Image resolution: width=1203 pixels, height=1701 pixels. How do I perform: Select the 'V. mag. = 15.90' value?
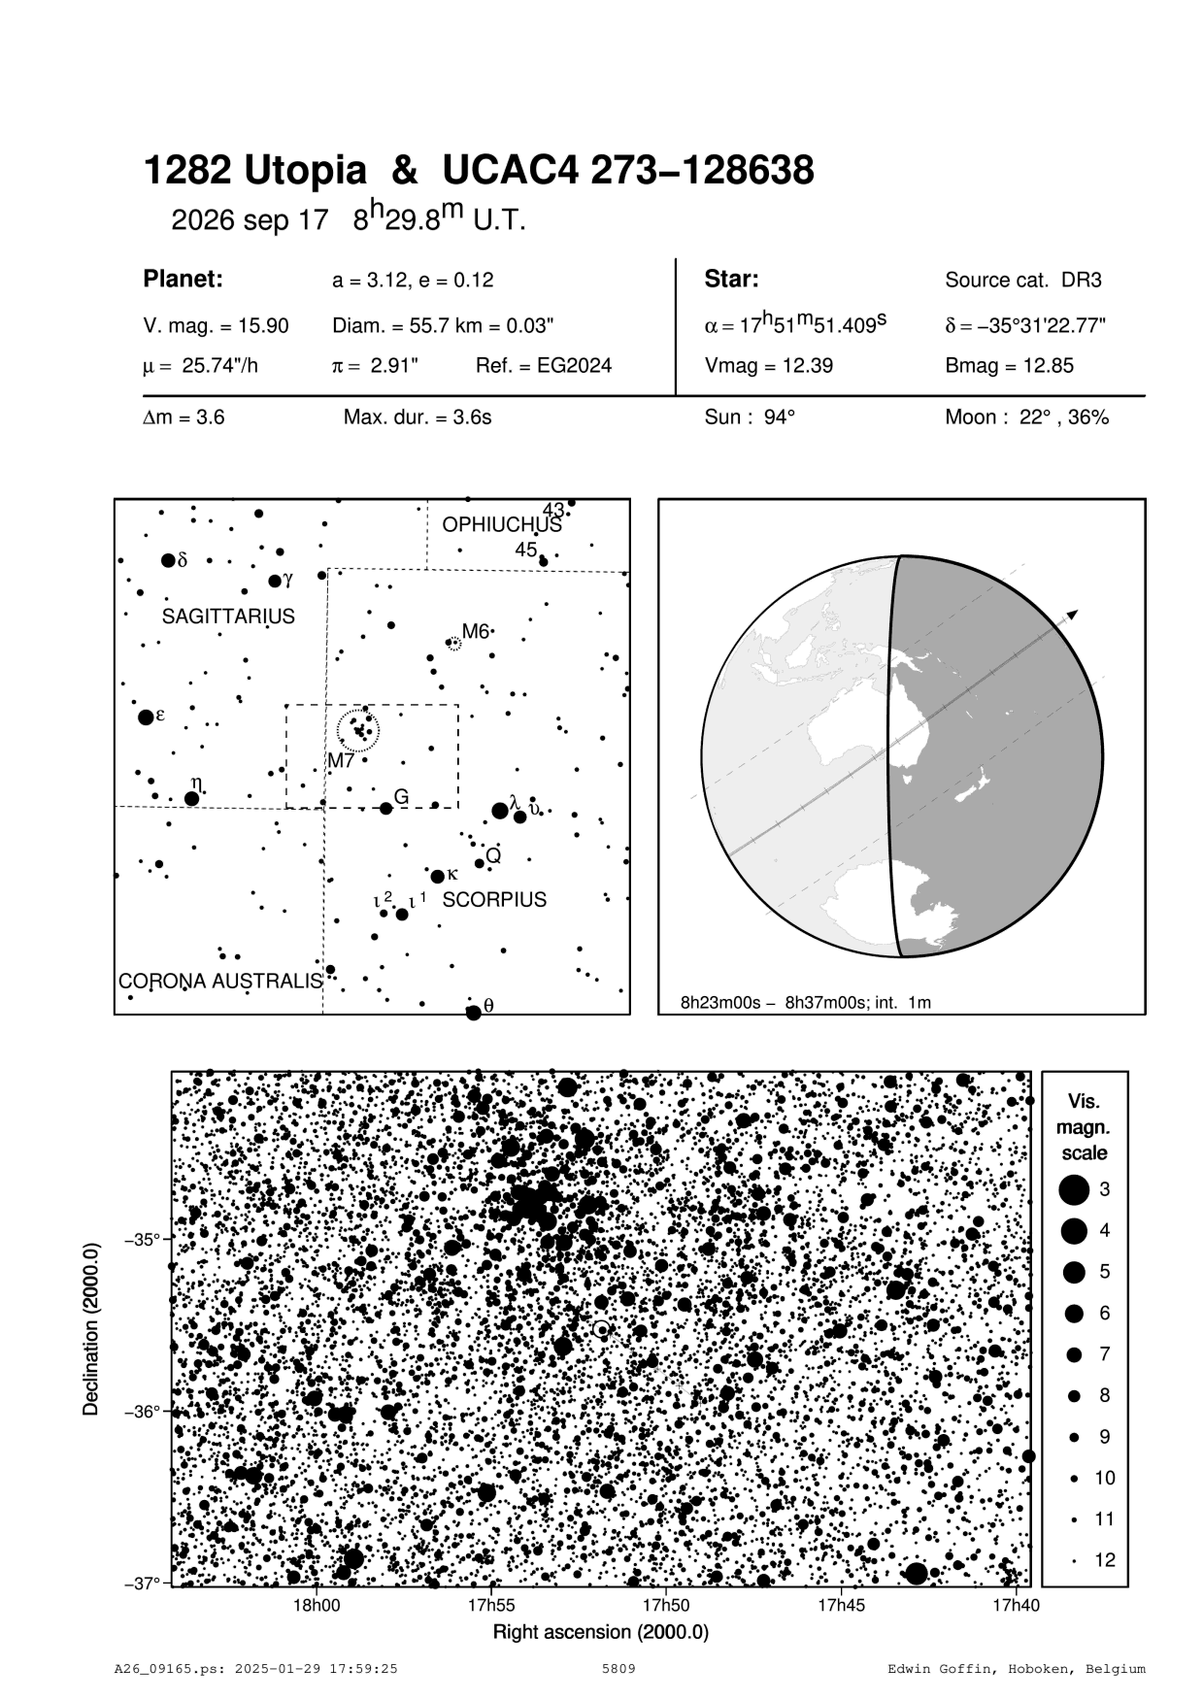coord(216,326)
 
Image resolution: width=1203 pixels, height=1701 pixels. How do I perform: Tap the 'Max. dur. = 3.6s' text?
coord(418,418)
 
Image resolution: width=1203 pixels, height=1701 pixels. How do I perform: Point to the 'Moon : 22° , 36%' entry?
coord(1026,418)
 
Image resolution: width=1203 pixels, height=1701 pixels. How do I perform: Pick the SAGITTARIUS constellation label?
coord(228,617)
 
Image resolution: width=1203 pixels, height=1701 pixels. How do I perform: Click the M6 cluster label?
coord(475,632)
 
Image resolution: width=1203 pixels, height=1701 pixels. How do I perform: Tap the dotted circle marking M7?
coord(358,729)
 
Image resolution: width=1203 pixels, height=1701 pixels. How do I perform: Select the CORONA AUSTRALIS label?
coord(220,981)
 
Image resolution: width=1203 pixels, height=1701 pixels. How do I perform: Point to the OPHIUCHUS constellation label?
coord(502,525)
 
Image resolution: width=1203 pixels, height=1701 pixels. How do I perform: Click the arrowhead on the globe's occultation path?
coord(1072,615)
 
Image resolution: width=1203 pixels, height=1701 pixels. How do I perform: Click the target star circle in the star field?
coord(602,1329)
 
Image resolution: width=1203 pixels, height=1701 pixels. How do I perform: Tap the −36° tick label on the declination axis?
coord(144,1411)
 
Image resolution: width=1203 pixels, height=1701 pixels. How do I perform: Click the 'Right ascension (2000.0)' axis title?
coord(601,1631)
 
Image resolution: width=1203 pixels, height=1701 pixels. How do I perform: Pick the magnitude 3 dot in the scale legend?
coord(1074,1189)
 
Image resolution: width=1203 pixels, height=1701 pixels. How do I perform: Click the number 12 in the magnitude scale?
coord(1105,1560)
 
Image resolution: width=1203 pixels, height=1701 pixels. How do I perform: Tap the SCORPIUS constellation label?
coord(494,900)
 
